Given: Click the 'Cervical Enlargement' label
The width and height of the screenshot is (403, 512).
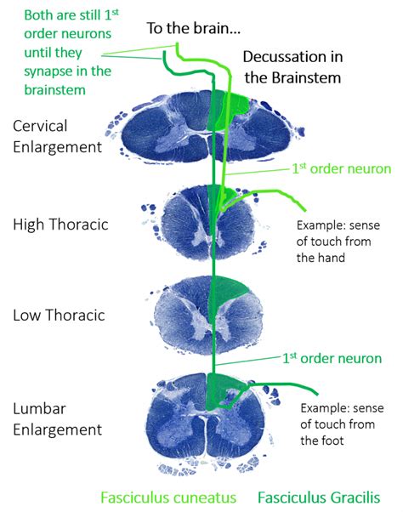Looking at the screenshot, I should pyautogui.click(x=57, y=135).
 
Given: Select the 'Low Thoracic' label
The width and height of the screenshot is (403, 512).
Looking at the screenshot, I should pyautogui.click(x=59, y=315).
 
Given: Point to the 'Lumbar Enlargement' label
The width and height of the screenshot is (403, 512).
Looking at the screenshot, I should pyautogui.click(x=57, y=418).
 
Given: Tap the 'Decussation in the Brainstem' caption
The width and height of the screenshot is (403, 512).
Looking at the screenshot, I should pyautogui.click(x=293, y=68).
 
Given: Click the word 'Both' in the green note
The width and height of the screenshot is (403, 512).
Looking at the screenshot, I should pyautogui.click(x=39, y=15).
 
